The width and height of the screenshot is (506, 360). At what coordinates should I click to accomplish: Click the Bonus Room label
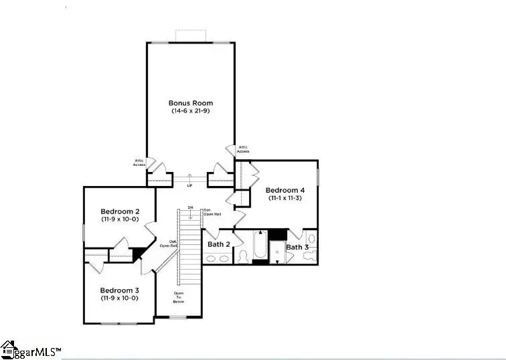191,103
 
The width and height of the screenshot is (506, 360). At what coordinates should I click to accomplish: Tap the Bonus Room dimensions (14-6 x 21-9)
191,110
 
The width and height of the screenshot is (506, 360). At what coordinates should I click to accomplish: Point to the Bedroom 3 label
119,290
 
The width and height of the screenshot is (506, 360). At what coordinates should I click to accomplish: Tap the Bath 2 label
218,244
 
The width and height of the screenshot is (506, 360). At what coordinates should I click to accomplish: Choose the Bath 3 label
297,247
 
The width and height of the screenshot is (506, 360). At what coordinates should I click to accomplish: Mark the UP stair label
189,185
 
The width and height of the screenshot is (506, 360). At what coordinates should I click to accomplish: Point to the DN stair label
190,207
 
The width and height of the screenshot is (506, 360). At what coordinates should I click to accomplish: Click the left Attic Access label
139,163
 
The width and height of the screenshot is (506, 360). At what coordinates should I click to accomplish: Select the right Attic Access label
242,149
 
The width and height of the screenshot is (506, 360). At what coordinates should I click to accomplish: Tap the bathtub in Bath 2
260,246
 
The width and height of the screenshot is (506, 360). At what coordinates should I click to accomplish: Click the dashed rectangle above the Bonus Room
191,35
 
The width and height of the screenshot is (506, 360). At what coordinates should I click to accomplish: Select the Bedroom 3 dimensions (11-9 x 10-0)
119,298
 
